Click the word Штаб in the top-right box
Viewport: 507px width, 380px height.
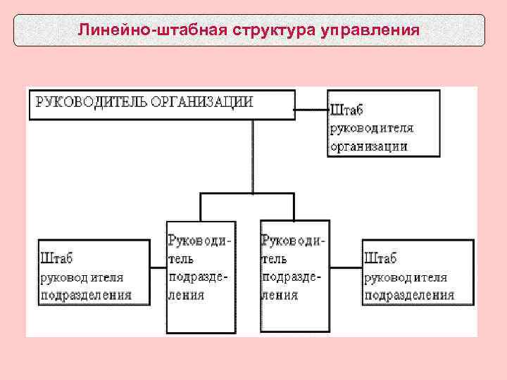346,110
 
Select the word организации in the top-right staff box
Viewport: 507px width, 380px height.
369,146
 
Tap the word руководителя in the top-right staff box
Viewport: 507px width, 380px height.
372,128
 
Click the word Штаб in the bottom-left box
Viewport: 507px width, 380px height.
57,258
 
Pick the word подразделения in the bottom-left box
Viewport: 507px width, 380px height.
87,295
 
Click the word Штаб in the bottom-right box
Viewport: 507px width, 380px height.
380,258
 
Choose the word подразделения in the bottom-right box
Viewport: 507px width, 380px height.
408,295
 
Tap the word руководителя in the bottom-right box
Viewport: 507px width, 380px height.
406,277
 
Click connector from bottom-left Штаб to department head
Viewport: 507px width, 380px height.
158,267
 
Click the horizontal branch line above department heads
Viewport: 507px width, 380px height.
246,194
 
